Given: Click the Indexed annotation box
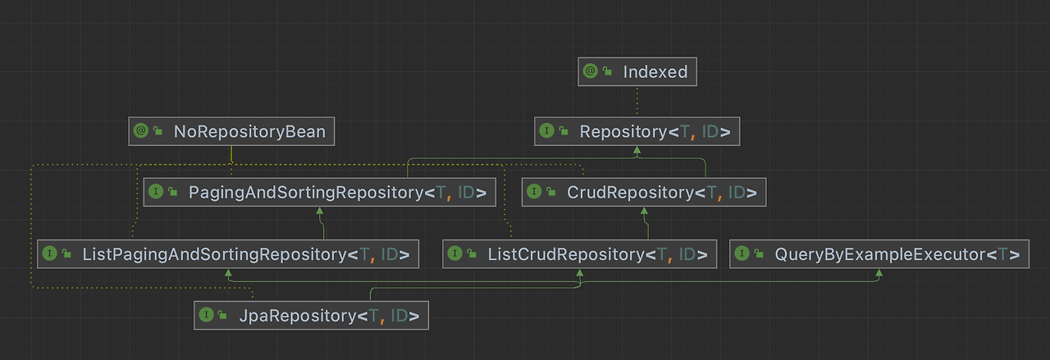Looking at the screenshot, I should point(637,71).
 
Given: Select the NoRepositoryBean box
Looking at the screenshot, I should point(231,131).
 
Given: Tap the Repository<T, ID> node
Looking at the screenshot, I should point(637,131).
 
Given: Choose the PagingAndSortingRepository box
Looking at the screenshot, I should point(320,193).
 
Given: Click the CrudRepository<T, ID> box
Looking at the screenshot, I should point(644,193).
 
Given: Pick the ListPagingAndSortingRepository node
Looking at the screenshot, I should point(228,254).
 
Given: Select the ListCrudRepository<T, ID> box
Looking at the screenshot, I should point(579,254).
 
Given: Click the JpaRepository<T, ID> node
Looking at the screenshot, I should point(312,316).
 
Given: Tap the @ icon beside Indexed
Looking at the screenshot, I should point(590,71).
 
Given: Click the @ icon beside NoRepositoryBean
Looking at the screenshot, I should point(140,131).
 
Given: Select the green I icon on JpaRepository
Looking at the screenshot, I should point(206,316).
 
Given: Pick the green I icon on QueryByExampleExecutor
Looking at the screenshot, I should point(742,254).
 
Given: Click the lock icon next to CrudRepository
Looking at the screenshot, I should point(553,193).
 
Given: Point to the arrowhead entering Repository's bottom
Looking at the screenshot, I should point(637,150).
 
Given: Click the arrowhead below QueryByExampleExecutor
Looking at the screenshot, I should point(879,273).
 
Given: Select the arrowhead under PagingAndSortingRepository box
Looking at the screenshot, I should point(319,212).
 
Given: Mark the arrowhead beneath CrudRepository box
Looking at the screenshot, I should point(644,212).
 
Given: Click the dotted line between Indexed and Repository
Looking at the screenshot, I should point(637,101).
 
